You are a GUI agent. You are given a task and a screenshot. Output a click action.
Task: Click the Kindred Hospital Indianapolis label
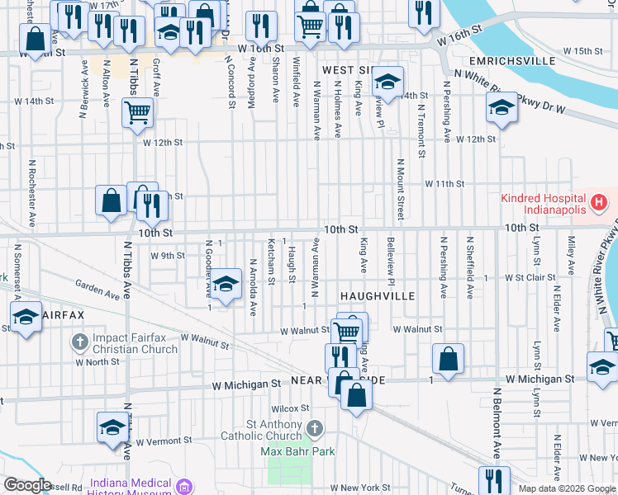(542, 200)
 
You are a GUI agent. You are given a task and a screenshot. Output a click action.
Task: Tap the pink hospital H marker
(599, 200)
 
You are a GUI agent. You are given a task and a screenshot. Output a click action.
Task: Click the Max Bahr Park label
(298, 451)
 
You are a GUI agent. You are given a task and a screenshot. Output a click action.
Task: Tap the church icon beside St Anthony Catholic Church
(314, 428)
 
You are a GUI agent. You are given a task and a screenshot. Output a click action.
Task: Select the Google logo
(27, 485)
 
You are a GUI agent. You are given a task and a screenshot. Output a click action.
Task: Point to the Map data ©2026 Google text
(566, 488)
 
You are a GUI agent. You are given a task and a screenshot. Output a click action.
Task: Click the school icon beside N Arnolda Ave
(225, 285)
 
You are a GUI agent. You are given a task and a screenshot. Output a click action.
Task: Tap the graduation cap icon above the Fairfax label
(26, 317)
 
